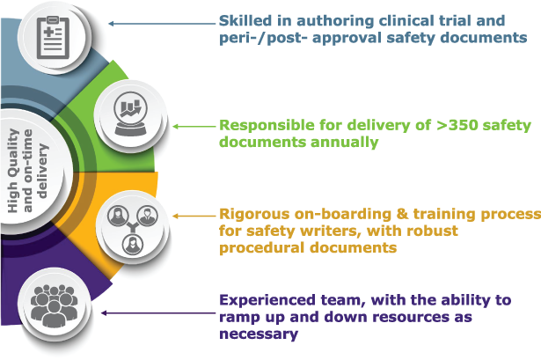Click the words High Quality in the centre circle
13,172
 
